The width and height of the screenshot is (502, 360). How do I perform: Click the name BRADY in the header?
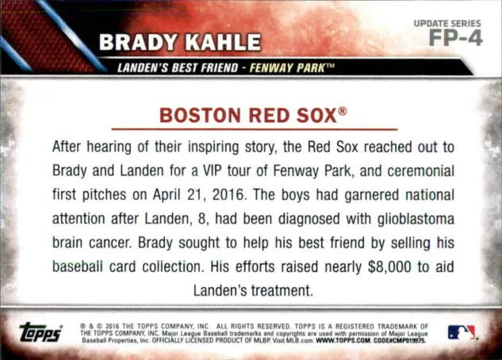tap(138, 42)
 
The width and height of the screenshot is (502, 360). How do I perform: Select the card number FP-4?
tap(455, 38)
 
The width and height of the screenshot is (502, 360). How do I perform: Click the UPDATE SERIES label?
tap(447, 23)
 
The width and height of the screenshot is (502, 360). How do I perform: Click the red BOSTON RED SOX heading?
tap(248, 116)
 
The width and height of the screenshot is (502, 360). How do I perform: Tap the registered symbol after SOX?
tap(343, 111)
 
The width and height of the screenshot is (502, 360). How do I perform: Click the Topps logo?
tap(40, 332)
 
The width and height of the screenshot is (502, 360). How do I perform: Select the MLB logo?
tap(462, 332)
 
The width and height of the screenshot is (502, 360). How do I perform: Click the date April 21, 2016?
tap(198, 194)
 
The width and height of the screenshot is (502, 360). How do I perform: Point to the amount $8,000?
tap(389, 266)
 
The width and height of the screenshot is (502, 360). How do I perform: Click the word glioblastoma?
tap(416, 219)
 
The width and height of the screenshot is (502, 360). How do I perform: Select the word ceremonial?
tap(420, 170)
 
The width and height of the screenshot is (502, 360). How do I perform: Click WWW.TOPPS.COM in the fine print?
tap(343, 341)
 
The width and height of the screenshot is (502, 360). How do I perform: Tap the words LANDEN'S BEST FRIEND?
tap(178, 68)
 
